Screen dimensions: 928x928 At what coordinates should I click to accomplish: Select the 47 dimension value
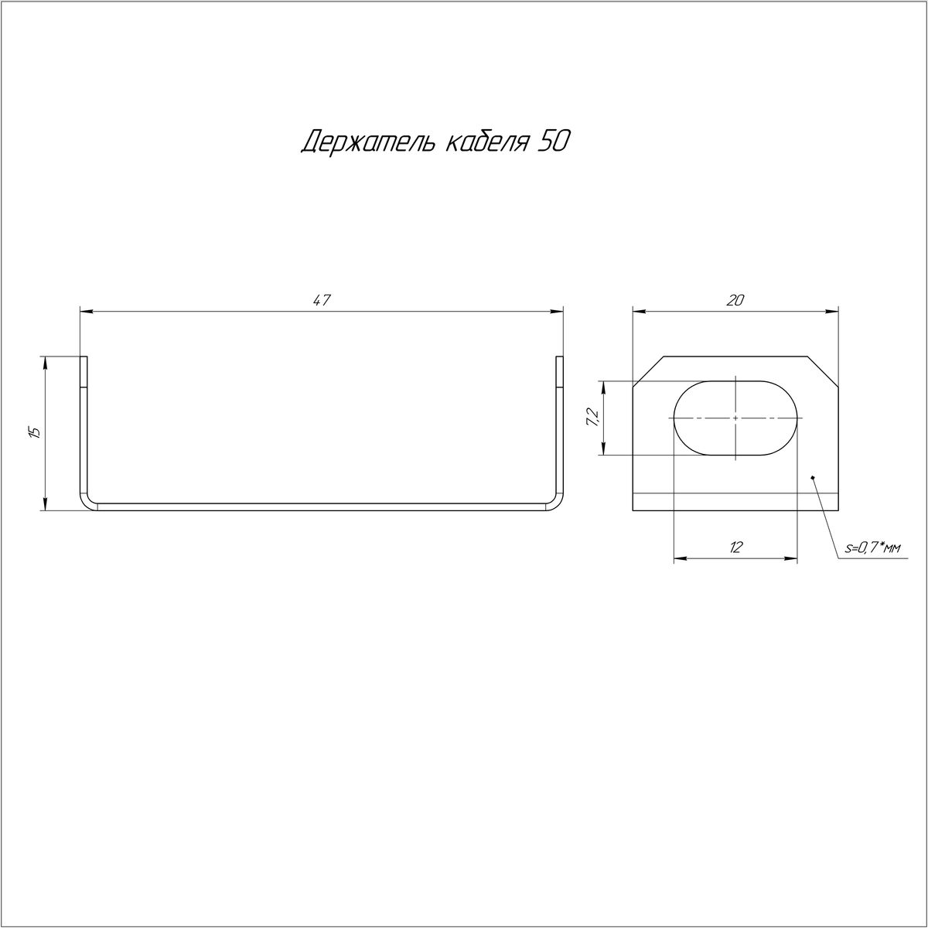322,300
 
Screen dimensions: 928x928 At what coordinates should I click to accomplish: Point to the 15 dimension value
34,432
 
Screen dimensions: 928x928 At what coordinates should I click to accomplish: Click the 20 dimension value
735,300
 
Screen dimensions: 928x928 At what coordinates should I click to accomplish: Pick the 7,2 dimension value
592,417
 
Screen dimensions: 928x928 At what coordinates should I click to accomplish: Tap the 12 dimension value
735,547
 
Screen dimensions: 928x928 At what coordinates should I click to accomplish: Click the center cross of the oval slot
735,418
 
